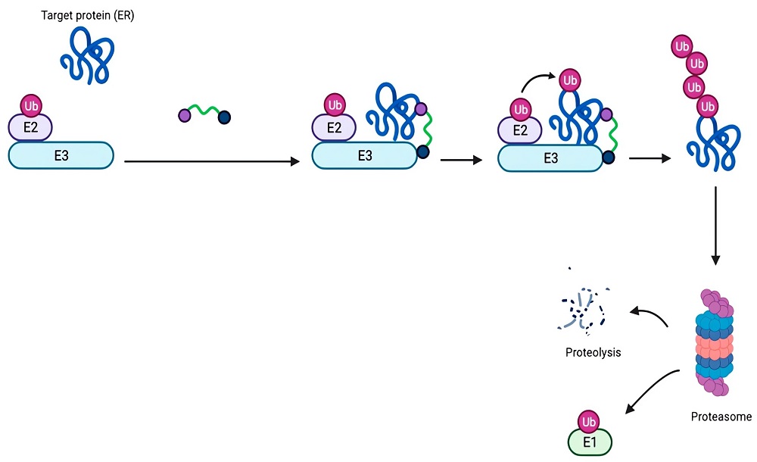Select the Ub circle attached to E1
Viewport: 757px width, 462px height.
coord(589,420)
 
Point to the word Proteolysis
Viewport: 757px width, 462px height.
coord(593,352)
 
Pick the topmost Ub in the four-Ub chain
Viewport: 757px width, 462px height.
coord(682,47)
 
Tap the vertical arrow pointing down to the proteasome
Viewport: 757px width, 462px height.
coord(716,227)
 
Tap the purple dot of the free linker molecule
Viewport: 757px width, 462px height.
coord(184,115)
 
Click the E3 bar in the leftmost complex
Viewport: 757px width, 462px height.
coord(61,155)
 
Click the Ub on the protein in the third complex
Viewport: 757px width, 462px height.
coord(569,80)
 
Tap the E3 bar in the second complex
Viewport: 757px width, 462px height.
coord(365,155)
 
